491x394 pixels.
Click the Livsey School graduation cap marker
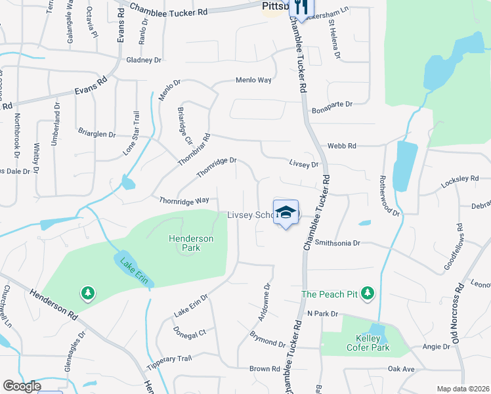[x=286, y=212]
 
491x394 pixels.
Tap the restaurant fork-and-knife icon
[x=301, y=8]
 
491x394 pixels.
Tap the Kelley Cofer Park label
[x=368, y=343]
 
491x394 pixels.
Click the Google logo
[x=21, y=386]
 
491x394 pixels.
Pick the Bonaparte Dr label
[x=332, y=104]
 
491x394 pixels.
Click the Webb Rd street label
[x=342, y=146]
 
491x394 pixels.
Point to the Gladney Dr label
[x=144, y=60]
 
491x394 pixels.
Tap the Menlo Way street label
[x=254, y=80]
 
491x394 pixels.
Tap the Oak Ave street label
[x=401, y=370]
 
